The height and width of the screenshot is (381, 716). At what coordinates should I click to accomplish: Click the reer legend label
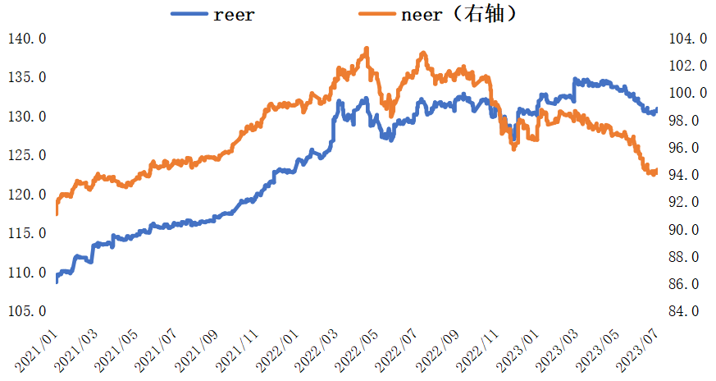(x=234, y=14)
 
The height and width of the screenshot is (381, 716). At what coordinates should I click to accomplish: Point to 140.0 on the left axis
(x=26, y=39)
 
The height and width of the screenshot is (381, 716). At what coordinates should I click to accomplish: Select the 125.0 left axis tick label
(x=26, y=155)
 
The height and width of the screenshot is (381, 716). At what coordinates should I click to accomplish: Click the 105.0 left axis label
(x=26, y=311)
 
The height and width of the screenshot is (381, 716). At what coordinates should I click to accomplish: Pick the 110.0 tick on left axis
(x=26, y=272)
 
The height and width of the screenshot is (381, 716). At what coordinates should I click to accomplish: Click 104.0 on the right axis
(x=688, y=39)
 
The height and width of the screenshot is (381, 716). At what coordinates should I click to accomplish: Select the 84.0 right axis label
(x=688, y=311)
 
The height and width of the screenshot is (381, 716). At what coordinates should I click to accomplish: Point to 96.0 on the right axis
(x=688, y=148)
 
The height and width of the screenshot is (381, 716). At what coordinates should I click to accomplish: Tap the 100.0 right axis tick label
(x=688, y=93)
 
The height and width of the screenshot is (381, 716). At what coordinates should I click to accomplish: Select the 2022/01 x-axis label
(x=276, y=351)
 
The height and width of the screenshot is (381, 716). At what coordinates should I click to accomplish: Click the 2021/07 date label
(x=158, y=351)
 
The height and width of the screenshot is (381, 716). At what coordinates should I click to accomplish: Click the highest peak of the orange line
(x=366, y=48)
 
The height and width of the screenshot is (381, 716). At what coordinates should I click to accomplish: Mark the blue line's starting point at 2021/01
(x=57, y=282)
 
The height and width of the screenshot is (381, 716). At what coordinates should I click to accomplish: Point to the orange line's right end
(x=656, y=170)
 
